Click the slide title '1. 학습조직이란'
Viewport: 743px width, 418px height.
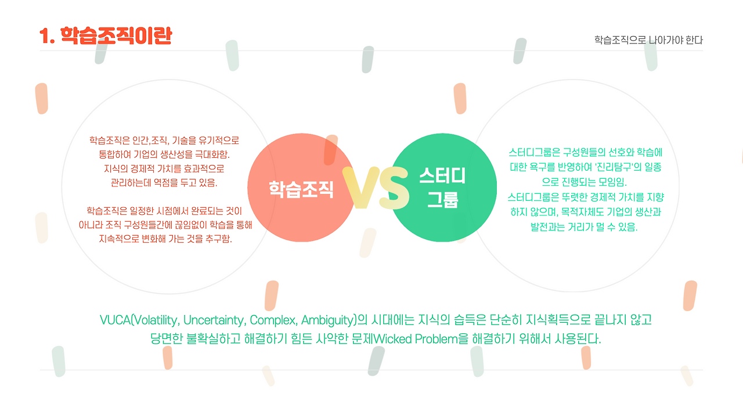tap(105, 37)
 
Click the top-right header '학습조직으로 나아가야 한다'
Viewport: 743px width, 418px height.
tap(648, 40)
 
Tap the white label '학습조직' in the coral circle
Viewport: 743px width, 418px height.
tap(301, 189)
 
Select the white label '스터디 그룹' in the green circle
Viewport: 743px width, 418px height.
tap(442, 187)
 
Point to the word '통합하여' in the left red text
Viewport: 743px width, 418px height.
tap(115, 155)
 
